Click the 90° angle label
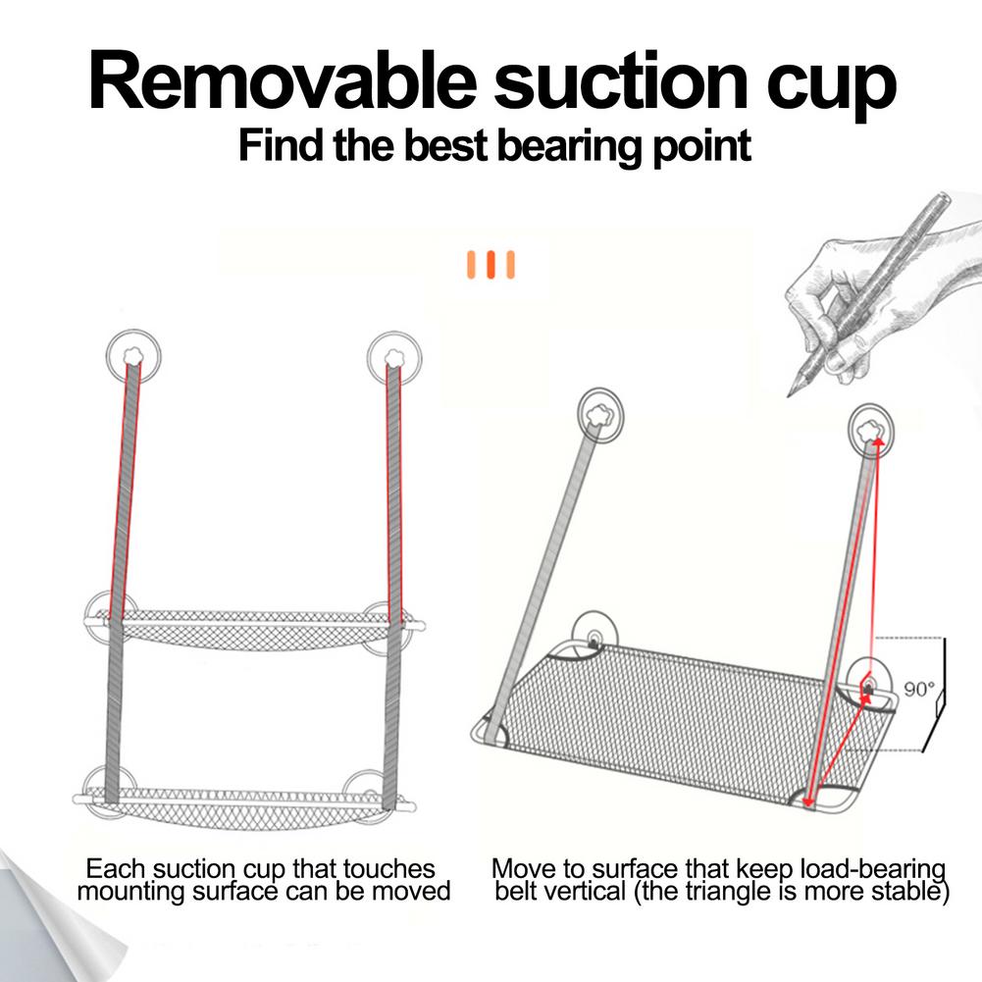click(919, 690)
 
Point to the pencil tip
click(791, 393)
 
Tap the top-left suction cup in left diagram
click(132, 356)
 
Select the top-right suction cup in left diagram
click(394, 356)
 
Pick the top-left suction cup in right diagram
click(602, 412)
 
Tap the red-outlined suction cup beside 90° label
click(869, 683)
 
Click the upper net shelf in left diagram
click(255, 628)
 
